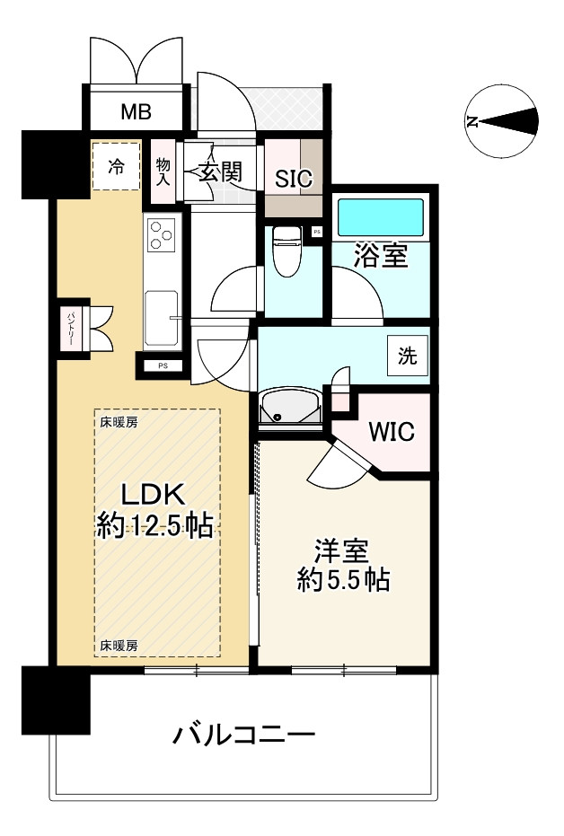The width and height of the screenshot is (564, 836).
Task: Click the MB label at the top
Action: (x=137, y=113)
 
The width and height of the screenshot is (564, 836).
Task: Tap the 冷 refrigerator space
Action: (x=117, y=166)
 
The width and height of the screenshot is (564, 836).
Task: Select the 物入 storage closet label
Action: (x=163, y=170)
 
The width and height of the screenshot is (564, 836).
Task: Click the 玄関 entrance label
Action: (x=220, y=172)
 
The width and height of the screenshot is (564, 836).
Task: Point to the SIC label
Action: (x=293, y=179)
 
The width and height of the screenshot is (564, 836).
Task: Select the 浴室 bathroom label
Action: (x=383, y=256)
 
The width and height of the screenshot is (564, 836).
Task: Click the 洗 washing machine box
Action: (x=408, y=356)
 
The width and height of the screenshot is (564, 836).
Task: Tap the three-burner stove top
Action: (x=163, y=235)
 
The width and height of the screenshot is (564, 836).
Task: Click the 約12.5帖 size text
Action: (x=154, y=526)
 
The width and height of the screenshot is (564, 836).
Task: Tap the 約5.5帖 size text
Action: (x=344, y=580)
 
